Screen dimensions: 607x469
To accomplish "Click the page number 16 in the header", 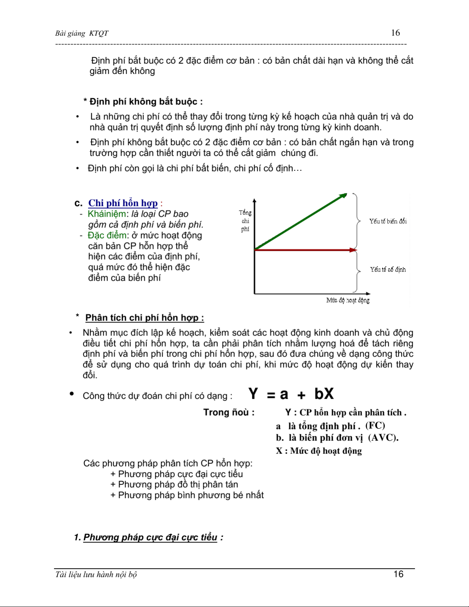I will [395, 33].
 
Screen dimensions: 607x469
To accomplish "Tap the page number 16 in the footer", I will [399, 574].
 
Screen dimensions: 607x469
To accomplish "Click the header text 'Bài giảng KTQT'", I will [82, 33].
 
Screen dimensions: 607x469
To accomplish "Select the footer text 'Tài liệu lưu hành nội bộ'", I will [96, 574].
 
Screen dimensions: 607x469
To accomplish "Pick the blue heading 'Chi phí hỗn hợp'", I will [123, 203].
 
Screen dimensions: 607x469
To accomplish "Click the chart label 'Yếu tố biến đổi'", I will [387, 221].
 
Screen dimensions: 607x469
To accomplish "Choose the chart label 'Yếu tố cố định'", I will [387, 270].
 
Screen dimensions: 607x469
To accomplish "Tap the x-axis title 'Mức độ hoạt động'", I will [348, 301].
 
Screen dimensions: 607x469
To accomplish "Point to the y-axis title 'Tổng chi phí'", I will [245, 221].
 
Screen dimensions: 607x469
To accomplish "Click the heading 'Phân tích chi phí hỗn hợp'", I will [144, 318].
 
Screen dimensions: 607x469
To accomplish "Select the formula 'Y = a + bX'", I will [291, 394].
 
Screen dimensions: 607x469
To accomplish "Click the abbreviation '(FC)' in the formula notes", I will [375, 426].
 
